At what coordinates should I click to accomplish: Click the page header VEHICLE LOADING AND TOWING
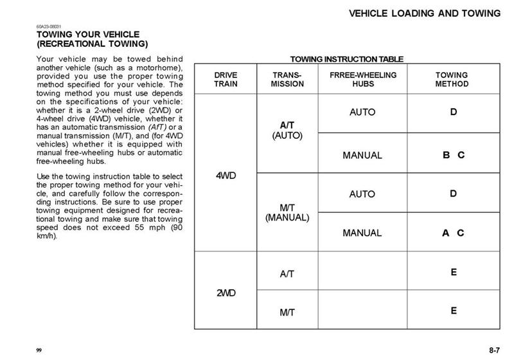click(x=425, y=13)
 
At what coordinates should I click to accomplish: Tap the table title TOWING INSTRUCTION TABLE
click(x=347, y=59)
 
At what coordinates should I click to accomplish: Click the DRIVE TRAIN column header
click(x=226, y=80)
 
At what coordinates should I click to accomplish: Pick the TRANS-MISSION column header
click(x=287, y=80)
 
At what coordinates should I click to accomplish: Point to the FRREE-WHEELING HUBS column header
click(x=363, y=80)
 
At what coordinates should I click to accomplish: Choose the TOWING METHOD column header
click(x=452, y=80)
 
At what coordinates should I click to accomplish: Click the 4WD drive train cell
click(x=226, y=175)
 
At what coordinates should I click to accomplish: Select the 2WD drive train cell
click(x=226, y=293)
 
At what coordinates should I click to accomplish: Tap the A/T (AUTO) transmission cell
click(x=287, y=131)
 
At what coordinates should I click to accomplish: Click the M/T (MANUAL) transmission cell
click(x=287, y=212)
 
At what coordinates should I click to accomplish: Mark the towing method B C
click(x=453, y=155)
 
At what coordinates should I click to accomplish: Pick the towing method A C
click(x=453, y=233)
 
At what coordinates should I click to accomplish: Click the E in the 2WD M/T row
click(x=454, y=311)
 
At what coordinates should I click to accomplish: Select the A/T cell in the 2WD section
click(x=287, y=274)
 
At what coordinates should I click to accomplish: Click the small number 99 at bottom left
click(x=39, y=350)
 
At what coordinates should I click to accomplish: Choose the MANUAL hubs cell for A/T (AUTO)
click(x=362, y=155)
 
